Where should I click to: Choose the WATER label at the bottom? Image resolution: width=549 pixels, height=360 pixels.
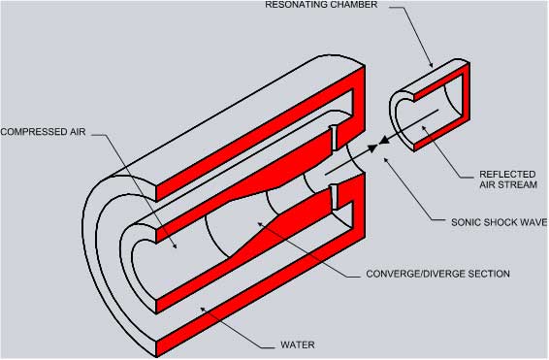click(296, 344)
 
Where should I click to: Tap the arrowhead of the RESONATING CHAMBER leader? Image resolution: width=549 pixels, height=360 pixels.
click(434, 66)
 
